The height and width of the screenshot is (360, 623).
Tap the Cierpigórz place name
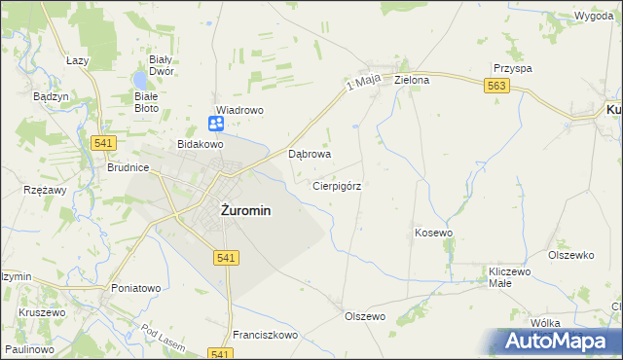click(338, 185)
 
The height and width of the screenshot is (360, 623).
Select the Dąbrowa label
click(311, 154)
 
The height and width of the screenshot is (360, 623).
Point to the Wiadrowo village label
click(239, 110)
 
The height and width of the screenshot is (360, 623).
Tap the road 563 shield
click(496, 87)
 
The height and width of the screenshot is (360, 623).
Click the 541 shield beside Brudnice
click(105, 142)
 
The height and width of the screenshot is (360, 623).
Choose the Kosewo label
click(434, 234)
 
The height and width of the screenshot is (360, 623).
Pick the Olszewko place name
click(570, 255)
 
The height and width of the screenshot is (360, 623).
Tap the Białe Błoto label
click(146, 102)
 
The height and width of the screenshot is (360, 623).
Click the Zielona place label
click(412, 80)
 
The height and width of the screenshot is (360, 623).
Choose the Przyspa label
click(512, 68)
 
